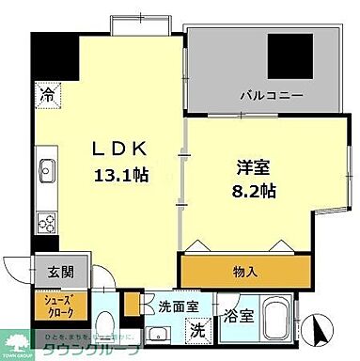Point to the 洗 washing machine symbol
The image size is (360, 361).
point(198,329)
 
